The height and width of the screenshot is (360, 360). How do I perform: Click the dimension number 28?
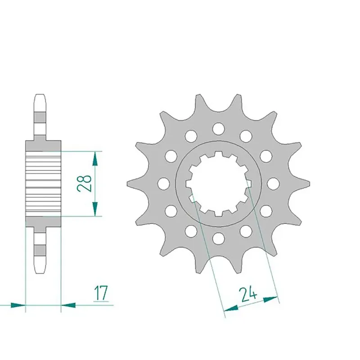click(84, 183)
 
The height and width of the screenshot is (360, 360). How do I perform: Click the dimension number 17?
click(101, 293)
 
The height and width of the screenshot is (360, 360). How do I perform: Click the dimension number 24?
click(248, 294)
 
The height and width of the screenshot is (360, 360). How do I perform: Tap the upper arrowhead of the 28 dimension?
click(95, 159)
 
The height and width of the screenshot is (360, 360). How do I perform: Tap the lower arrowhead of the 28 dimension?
click(95, 209)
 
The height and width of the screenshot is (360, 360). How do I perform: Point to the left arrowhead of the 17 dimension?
click(18, 305)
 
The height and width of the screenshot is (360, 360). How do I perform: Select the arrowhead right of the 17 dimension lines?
click(68, 305)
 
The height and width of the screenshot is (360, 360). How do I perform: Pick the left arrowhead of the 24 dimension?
click(231, 308)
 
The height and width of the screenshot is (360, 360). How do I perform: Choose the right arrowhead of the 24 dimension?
click(271, 299)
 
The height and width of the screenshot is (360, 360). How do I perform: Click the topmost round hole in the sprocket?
click(218, 128)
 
